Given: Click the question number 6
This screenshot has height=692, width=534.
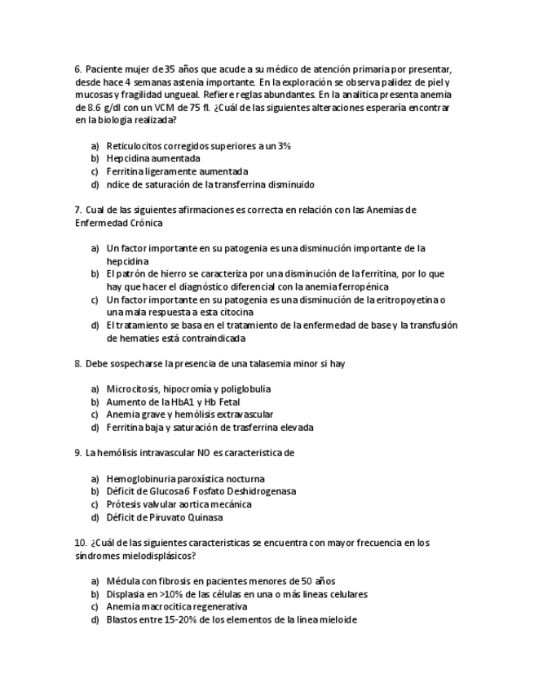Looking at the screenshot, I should click(x=77, y=69).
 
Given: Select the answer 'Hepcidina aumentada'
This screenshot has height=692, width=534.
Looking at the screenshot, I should click(x=153, y=158).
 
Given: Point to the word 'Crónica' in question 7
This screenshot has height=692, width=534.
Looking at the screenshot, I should click(x=144, y=223).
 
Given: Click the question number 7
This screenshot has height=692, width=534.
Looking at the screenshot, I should click(x=77, y=210).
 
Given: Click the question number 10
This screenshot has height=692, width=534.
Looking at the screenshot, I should click(x=80, y=543).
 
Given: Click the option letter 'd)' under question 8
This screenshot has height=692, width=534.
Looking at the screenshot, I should click(x=95, y=428).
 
